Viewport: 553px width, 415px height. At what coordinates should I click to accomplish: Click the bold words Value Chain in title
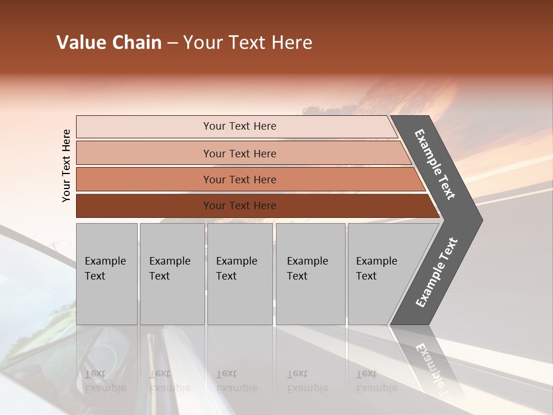tap(109, 43)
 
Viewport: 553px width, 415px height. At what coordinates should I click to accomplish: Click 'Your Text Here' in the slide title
tap(248, 43)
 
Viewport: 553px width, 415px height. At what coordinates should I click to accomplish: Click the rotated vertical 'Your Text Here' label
tap(66, 165)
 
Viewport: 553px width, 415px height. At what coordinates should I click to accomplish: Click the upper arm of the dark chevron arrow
tap(435, 164)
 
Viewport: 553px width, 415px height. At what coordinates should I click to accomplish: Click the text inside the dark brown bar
tap(240, 206)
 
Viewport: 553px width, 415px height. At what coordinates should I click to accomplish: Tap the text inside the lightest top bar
tap(240, 126)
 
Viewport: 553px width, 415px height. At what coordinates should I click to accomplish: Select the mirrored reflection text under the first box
tap(105, 381)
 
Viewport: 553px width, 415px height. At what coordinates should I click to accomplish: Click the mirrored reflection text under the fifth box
tap(376, 381)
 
